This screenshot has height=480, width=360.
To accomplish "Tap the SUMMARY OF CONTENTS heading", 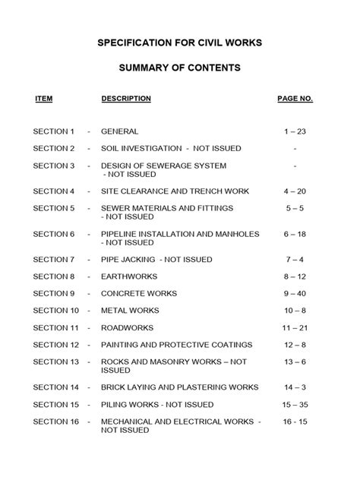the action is [x=180, y=68].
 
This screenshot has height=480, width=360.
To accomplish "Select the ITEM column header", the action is [x=44, y=99].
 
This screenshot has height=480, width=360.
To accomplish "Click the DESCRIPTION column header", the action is [x=126, y=99].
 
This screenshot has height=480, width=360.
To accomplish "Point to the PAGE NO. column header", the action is [x=295, y=99].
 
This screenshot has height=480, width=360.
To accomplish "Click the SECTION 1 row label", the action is [x=54, y=131].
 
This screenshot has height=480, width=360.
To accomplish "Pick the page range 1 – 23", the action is [x=295, y=131].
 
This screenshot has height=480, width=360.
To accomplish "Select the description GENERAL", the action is [x=120, y=131].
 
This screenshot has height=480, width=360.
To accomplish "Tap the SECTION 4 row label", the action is [x=54, y=191].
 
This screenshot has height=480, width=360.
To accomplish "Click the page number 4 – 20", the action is [x=295, y=191].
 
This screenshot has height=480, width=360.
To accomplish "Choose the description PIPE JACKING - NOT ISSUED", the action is [x=159, y=260].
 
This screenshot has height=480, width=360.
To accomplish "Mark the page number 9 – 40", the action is [x=295, y=294].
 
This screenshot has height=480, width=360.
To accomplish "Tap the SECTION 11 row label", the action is [x=56, y=328].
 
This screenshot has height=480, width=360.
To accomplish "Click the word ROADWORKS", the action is [x=128, y=328].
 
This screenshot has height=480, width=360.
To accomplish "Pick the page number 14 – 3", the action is [x=295, y=387].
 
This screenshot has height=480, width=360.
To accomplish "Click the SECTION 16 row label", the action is [x=56, y=422].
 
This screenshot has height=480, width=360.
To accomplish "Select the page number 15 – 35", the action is [x=295, y=405].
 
